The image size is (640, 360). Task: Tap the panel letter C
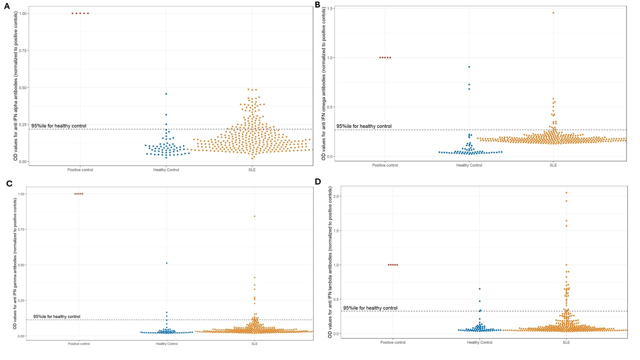(x=9, y=183)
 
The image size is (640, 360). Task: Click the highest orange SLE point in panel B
(x=553, y=12)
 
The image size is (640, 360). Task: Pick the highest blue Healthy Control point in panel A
(x=166, y=94)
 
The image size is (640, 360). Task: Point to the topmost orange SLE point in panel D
(x=566, y=192)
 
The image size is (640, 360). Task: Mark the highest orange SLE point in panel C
(x=254, y=216)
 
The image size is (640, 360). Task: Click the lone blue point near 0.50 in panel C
(x=166, y=263)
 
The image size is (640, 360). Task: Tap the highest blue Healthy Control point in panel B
(x=469, y=66)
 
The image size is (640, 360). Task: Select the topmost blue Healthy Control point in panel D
(x=479, y=288)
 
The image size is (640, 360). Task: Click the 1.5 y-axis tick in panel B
(x=331, y=8)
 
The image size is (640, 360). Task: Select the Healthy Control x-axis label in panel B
(x=469, y=165)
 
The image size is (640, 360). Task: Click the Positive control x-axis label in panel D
(x=393, y=342)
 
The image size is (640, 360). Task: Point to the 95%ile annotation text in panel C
(x=56, y=316)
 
